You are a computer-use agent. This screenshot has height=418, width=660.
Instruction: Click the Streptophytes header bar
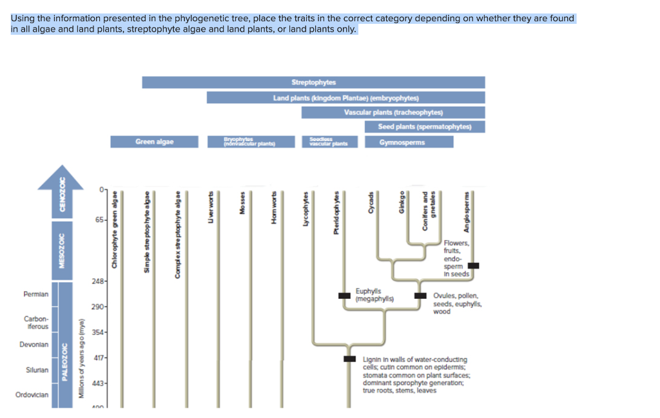click(x=313, y=82)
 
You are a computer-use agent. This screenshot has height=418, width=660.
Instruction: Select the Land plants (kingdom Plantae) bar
click(x=345, y=98)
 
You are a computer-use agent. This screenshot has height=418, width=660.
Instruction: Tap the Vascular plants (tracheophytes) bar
click(x=393, y=113)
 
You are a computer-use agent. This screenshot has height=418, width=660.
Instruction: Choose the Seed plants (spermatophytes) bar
click(x=425, y=127)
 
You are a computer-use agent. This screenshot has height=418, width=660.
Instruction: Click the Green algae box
click(x=154, y=142)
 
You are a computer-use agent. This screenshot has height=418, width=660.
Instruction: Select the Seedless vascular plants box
click(x=329, y=142)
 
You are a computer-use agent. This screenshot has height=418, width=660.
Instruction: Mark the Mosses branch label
click(x=242, y=204)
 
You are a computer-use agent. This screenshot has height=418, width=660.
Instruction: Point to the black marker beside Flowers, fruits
click(x=473, y=265)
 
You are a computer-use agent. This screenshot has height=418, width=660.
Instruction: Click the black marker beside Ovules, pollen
click(x=420, y=296)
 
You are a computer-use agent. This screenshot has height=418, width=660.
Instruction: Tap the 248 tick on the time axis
click(x=99, y=281)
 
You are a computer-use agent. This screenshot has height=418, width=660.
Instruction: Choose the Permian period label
click(x=35, y=294)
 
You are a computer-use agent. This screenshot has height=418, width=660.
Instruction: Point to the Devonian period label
click(x=34, y=345)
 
